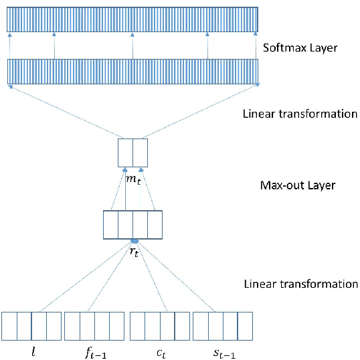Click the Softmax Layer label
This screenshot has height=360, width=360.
300,48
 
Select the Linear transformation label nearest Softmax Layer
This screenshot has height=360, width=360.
300,114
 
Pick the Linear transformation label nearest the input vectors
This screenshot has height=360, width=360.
300,284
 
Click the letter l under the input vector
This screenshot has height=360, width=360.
33,349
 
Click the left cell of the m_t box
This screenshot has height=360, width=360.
125,153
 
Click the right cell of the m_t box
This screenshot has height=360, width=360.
140,153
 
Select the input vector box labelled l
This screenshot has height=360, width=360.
31,327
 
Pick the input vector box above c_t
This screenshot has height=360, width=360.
159,327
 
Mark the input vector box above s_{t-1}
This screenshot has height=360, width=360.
223,327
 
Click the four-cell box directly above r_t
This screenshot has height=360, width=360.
133,225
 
